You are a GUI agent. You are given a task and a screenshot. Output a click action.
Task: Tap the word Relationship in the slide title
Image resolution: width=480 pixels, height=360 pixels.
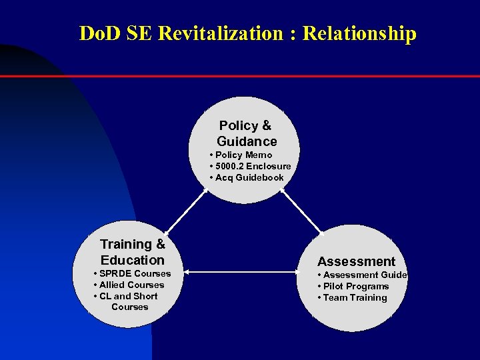[359, 33]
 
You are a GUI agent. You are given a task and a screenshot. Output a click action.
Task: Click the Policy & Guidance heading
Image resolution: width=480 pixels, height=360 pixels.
[246, 133]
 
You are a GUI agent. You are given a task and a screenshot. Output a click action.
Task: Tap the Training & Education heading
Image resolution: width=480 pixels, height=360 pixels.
[133, 252]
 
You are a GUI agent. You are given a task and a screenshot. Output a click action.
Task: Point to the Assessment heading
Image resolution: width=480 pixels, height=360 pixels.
[356, 261]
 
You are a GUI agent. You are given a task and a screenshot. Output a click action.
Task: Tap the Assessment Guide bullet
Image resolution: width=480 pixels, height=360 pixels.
[364, 275]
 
